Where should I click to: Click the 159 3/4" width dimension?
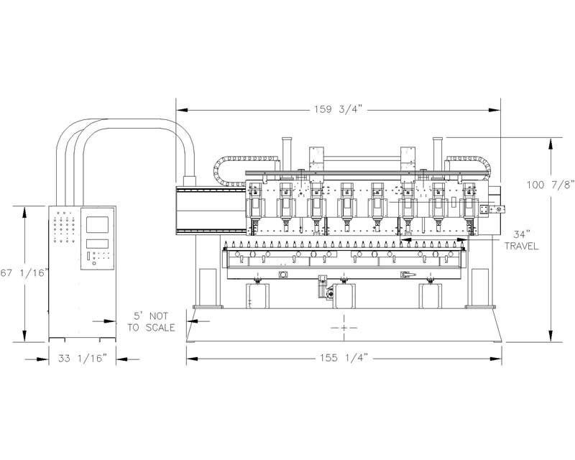pyautogui.click(x=338, y=109)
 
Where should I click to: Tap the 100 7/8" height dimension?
pyautogui.click(x=551, y=185)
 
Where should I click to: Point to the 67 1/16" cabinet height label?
pyautogui.click(x=24, y=273)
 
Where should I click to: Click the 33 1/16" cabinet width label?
pyautogui.click(x=83, y=359)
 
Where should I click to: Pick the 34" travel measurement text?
pyautogui.click(x=522, y=234)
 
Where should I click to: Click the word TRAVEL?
pyautogui.click(x=522, y=246)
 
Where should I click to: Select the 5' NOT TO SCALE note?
pyautogui.click(x=151, y=322)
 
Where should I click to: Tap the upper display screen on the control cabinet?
pyautogui.click(x=97, y=224)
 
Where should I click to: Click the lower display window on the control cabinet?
pyautogui.click(x=97, y=244)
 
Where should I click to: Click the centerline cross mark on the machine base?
pyautogui.click(x=344, y=327)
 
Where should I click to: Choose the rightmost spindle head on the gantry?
pyautogui.click(x=469, y=208)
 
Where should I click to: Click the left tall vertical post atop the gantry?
pyautogui.click(x=286, y=153)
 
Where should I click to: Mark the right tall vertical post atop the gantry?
pyautogui.click(x=438, y=153)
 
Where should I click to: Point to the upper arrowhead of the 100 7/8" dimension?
pyautogui.click(x=550, y=144)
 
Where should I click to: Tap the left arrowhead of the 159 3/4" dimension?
pyautogui.click(x=183, y=110)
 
